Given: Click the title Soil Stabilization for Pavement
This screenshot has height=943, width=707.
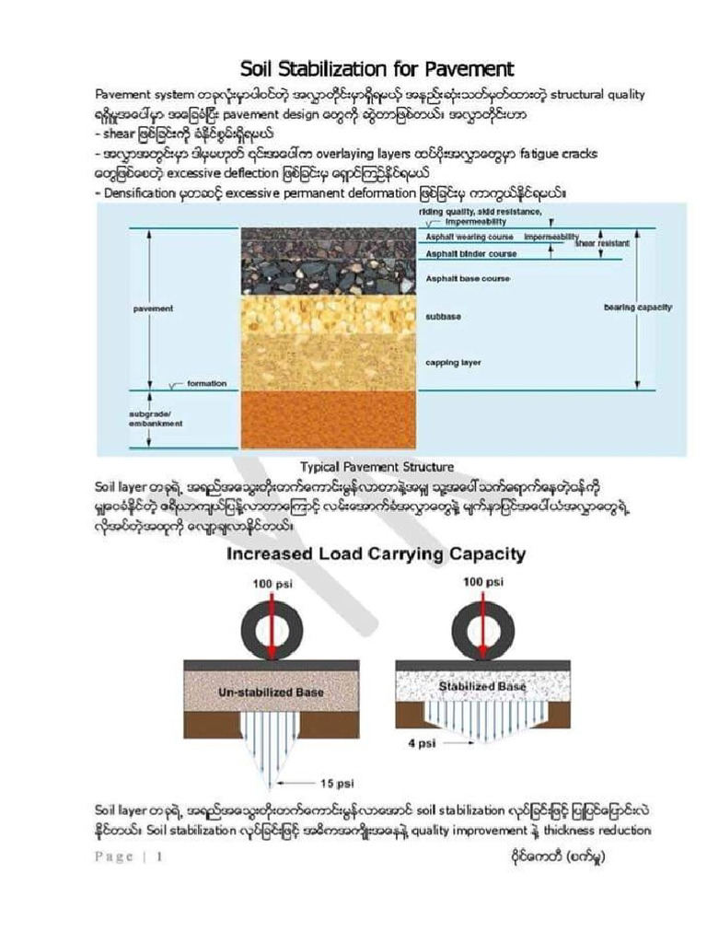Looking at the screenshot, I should [x=377, y=69].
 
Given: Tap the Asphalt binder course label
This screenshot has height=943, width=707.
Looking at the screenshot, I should [x=469, y=253].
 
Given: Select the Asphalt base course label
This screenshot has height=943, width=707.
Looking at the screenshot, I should [x=468, y=277].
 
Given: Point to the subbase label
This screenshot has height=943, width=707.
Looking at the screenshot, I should [x=444, y=316].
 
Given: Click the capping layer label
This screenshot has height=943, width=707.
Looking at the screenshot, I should [x=453, y=362].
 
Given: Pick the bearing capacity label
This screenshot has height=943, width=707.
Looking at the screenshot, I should [x=637, y=307].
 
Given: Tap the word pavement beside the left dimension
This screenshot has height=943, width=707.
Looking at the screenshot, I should [x=153, y=309].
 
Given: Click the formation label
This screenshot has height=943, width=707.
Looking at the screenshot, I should [x=207, y=383].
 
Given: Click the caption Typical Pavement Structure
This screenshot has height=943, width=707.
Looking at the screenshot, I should [x=377, y=467].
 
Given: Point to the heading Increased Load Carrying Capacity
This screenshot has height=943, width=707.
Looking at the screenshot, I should [x=377, y=554].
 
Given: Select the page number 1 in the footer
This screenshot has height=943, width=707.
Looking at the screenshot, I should [x=159, y=856].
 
